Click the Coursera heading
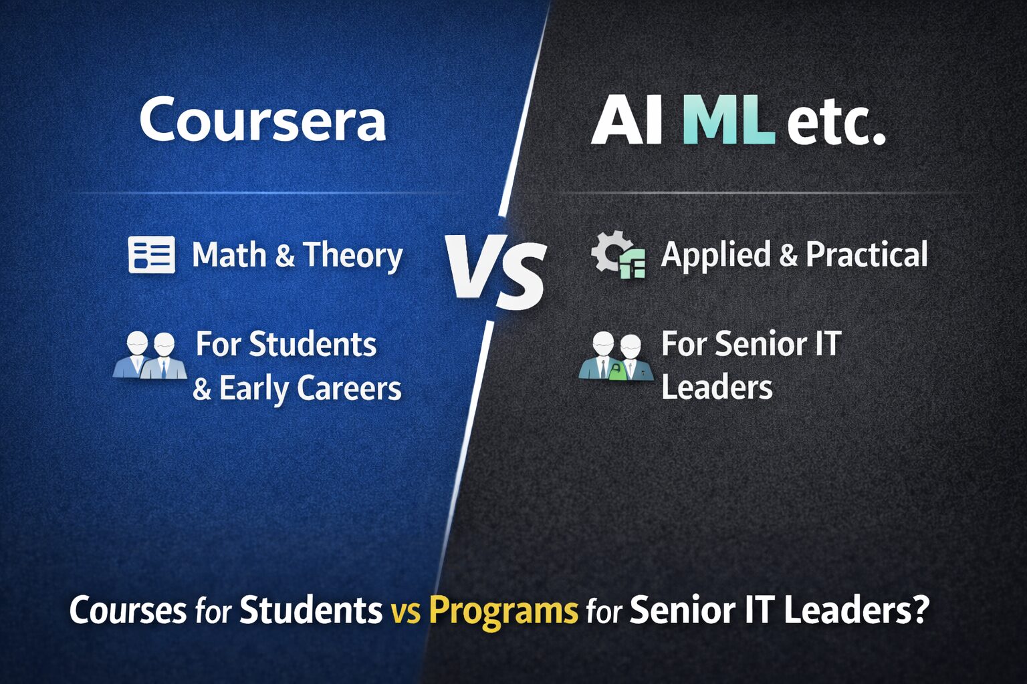[x=262, y=120]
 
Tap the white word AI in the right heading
[x=627, y=122]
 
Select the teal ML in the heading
[x=729, y=122]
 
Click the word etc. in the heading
[x=836, y=123]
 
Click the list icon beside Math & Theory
[x=152, y=255]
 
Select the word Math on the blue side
[x=229, y=255]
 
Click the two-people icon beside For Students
[x=150, y=355]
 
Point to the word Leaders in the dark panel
[x=717, y=387]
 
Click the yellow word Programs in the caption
[x=503, y=610]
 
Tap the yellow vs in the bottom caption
[x=406, y=611]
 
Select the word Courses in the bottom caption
[x=128, y=610]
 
